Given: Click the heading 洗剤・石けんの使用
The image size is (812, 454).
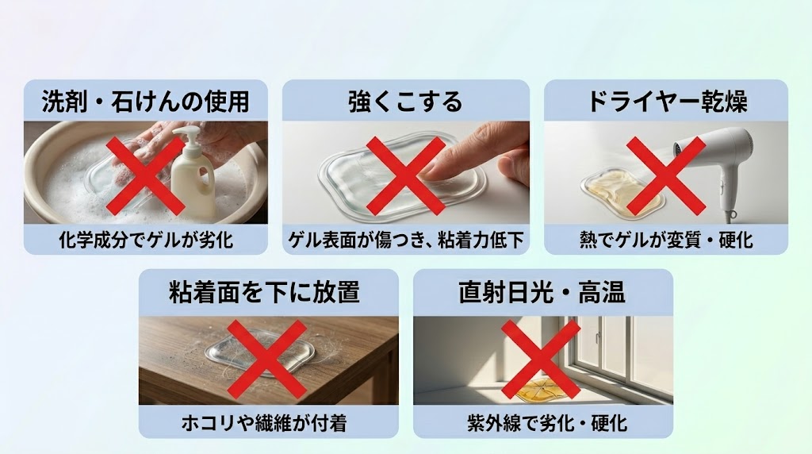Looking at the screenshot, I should (145, 102).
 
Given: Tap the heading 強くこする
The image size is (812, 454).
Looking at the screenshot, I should (405, 102).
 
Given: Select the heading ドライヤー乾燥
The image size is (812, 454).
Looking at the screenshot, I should (665, 102).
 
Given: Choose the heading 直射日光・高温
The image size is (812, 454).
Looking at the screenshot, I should (542, 292).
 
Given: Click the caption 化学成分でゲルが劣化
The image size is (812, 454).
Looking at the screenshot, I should (145, 239).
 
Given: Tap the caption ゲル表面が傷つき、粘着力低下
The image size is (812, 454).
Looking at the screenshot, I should (405, 239).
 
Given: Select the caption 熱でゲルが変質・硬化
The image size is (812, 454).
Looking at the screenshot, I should (665, 239).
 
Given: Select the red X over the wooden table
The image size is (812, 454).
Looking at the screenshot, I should (268, 360).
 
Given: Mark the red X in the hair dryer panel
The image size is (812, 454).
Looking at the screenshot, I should (665, 175).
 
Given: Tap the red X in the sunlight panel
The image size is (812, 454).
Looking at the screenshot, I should (541, 360).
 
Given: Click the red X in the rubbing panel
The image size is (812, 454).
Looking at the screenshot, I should (404, 175).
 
